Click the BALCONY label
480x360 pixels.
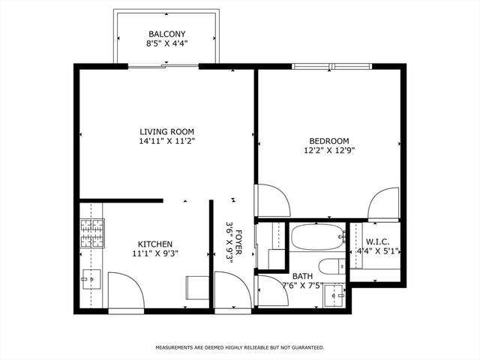[x=166, y=34]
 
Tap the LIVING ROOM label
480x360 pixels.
[x=166, y=132]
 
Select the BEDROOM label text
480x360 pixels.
[x=329, y=141]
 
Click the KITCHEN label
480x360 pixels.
[x=155, y=244]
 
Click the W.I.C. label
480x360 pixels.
[x=377, y=241]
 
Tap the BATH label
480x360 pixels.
[x=302, y=276]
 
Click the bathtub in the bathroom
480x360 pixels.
[x=318, y=238]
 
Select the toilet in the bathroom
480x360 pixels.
[x=331, y=266]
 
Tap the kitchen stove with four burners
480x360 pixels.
[x=92, y=233]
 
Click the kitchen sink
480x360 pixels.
[x=91, y=279]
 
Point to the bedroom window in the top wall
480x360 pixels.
[x=331, y=66]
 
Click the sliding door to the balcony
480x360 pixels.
[x=163, y=66]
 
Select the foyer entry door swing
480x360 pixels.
[x=233, y=290]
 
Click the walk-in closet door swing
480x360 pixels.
[x=383, y=203]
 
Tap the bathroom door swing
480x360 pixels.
[x=273, y=290]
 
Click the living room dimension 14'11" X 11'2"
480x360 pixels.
[x=166, y=142]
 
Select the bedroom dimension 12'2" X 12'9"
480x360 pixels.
[x=329, y=151]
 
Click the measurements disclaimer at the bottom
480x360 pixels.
[x=240, y=348]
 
